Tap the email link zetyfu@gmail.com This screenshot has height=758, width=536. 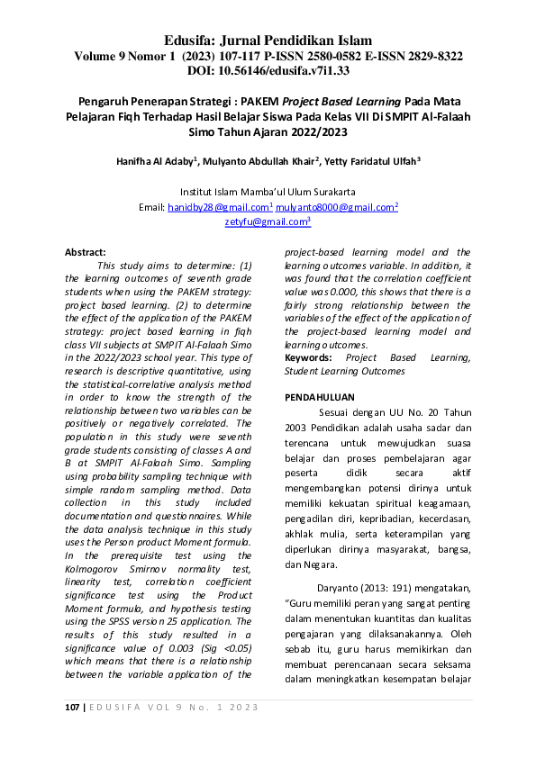click(x=266, y=221)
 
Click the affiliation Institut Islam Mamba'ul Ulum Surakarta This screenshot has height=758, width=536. click(x=268, y=192)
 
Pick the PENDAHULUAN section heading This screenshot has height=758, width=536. click(x=319, y=397)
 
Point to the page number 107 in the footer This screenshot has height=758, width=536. click(x=71, y=707)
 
